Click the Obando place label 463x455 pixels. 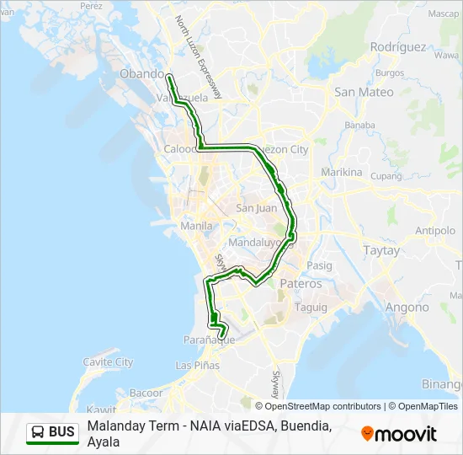142,74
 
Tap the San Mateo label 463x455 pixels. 364,92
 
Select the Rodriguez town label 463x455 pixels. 399,47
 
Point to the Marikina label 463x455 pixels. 341,173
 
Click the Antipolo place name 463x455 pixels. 435,231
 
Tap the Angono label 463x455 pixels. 407,308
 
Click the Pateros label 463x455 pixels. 301,284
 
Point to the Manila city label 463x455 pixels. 196,226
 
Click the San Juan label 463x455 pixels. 256,208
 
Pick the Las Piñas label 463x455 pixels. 196,366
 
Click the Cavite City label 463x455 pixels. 108,362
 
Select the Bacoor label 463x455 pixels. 146,393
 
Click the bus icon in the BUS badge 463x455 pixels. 38,432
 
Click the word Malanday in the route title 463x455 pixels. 113,426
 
